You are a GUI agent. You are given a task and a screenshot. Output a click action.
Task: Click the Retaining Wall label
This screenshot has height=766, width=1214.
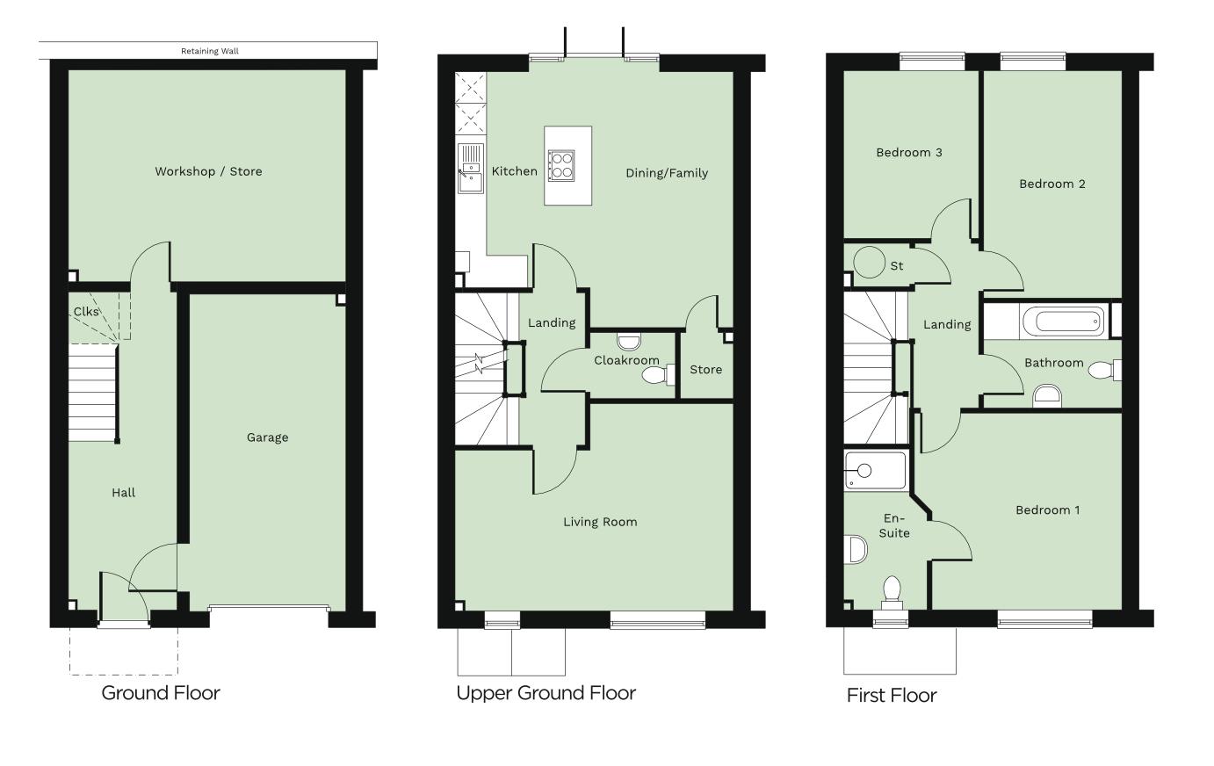(x=209, y=51)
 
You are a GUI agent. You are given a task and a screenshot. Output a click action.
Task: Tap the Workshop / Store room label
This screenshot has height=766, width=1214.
(x=208, y=171)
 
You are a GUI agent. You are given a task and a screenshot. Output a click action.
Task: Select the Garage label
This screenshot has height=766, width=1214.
(x=267, y=437)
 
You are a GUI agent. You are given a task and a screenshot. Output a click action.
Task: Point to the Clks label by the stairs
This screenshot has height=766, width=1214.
(x=86, y=312)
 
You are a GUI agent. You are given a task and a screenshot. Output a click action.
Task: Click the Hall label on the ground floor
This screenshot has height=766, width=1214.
(x=124, y=493)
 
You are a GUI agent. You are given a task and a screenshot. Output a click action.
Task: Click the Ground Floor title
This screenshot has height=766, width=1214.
(x=161, y=693)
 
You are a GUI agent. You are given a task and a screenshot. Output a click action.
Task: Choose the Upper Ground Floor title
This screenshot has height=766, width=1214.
(x=546, y=693)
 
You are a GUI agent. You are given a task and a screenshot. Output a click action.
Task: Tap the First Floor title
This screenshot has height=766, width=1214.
(x=892, y=696)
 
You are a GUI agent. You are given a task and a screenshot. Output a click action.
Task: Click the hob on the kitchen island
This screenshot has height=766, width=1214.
(x=562, y=165)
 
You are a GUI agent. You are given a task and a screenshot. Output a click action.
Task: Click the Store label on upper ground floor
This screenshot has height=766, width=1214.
(x=705, y=370)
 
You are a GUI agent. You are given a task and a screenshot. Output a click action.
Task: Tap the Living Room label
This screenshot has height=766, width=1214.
(x=600, y=522)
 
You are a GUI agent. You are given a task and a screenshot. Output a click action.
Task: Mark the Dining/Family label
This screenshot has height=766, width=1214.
(x=667, y=173)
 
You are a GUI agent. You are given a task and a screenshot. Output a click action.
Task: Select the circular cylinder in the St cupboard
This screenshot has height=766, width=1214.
(x=871, y=264)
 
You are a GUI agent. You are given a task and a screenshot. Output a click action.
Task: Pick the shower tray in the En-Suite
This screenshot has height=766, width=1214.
(x=874, y=471)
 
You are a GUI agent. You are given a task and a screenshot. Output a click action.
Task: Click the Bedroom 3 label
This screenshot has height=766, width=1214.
(x=909, y=153)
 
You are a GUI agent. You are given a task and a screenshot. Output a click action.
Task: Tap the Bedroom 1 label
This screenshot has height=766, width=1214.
(x=1048, y=510)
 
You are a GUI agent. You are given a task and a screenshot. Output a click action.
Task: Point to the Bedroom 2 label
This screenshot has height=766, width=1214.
(x=1051, y=184)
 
